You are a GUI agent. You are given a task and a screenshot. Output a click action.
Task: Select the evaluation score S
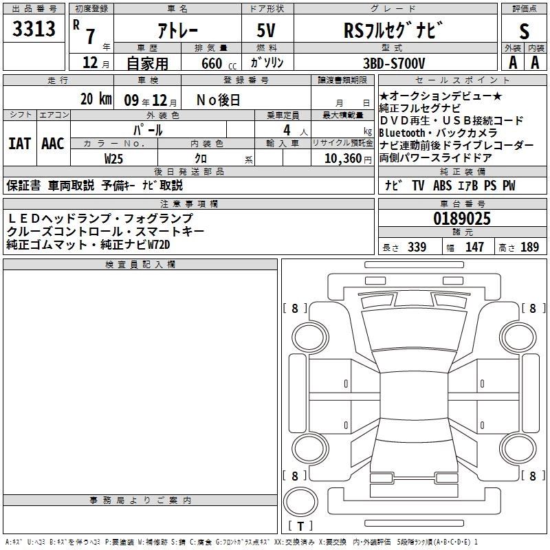[x=525, y=30]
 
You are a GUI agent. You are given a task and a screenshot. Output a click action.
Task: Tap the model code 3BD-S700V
[x=395, y=63]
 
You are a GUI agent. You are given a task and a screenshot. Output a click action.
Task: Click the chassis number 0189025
[x=462, y=219]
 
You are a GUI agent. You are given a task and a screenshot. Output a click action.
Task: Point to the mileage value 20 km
[x=96, y=99]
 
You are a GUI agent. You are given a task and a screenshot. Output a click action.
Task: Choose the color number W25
[x=114, y=157]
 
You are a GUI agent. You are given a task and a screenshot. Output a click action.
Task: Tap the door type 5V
[x=267, y=30]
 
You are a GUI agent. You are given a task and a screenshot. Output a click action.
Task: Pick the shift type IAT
[x=20, y=144]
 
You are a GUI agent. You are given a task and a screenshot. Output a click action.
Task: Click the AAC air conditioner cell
[x=53, y=144]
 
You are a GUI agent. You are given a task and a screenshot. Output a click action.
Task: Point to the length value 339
[x=417, y=247]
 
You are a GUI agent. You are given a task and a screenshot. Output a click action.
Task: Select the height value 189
[x=529, y=247]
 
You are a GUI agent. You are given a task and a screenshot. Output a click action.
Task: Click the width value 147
[x=474, y=247]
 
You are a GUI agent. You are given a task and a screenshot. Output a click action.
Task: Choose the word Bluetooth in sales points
[x=406, y=133]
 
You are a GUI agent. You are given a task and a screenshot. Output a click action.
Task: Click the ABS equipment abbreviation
[x=443, y=186]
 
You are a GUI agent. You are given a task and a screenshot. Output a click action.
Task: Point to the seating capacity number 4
[x=286, y=130]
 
